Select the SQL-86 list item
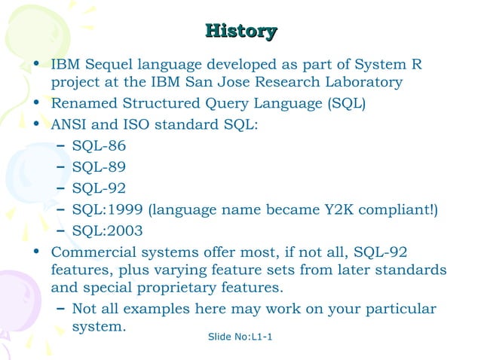tap(99, 145)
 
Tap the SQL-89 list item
tap(99, 166)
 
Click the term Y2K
tap(345, 209)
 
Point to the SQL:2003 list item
tap(107, 230)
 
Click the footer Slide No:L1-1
tap(240, 335)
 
